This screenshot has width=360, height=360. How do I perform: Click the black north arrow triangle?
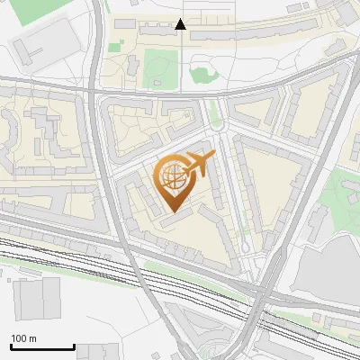pyautogui.click(x=181, y=25)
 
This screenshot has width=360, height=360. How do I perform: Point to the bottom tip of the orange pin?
pyautogui.click(x=174, y=212)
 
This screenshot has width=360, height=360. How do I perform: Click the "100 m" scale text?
pyautogui.click(x=23, y=338)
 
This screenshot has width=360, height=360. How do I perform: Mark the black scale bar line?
pyautogui.click(x=42, y=347)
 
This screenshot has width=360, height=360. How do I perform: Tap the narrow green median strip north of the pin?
pyautogui.click(x=214, y=112)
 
